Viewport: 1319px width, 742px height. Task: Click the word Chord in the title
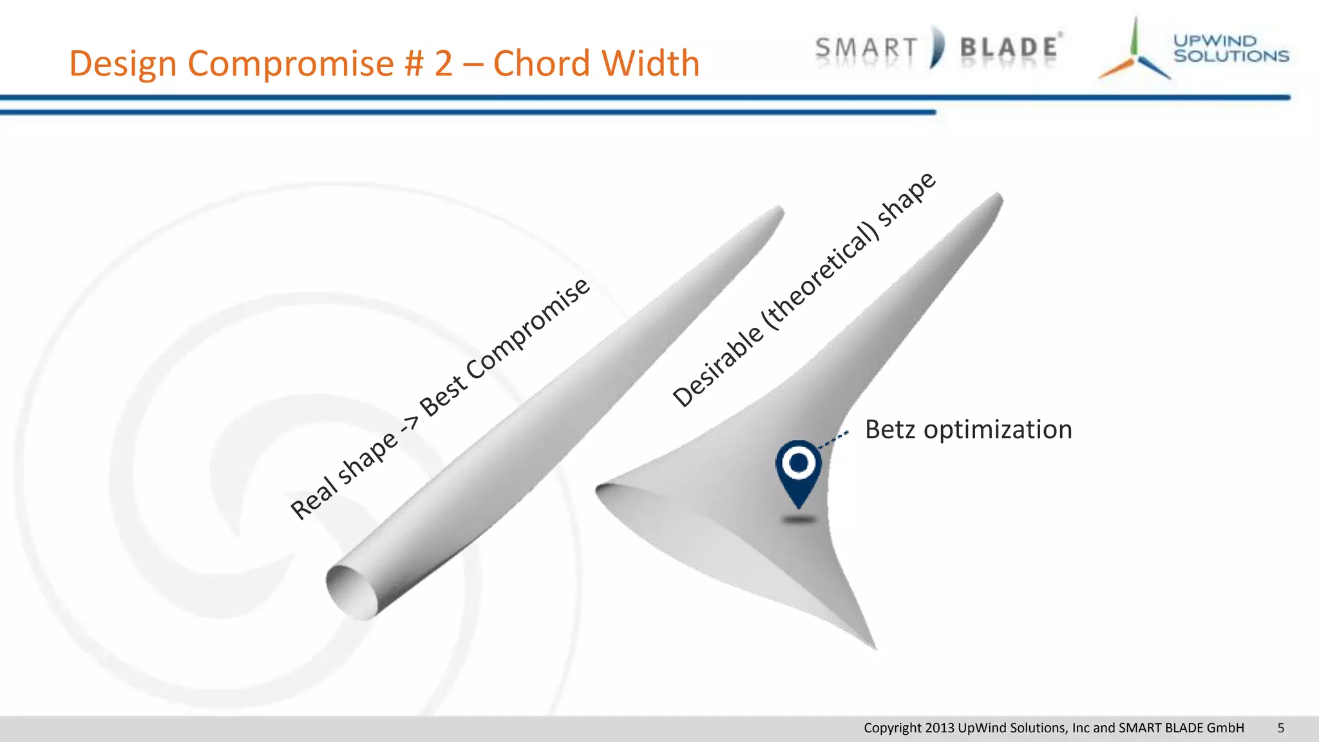click(x=535, y=63)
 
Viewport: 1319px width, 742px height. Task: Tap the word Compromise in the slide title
click(x=289, y=63)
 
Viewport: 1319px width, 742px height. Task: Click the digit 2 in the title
click(x=443, y=63)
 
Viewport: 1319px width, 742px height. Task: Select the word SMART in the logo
click(x=866, y=48)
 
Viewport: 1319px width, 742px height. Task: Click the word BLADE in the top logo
click(x=1009, y=48)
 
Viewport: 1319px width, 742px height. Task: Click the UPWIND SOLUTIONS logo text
click(x=1230, y=48)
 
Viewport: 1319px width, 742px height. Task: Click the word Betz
click(x=889, y=430)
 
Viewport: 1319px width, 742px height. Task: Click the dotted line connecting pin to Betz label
click(x=833, y=440)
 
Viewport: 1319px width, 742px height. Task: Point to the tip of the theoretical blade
click(x=999, y=197)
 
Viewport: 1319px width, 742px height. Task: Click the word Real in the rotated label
click(x=314, y=497)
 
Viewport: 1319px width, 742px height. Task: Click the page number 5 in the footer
click(x=1280, y=728)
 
